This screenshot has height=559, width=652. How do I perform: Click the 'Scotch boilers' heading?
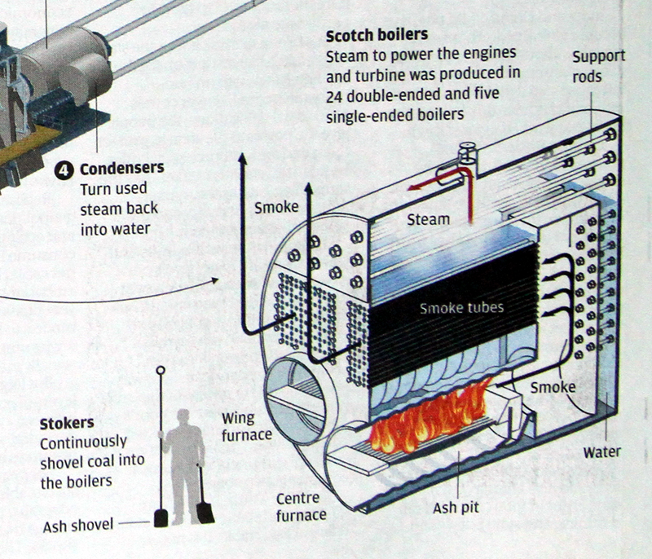point(377,36)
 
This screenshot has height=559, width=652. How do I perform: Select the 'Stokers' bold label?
point(66,423)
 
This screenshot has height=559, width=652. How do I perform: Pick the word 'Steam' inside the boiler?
point(428,219)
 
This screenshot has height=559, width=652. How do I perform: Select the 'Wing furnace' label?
point(246,426)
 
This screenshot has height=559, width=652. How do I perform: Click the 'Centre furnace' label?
point(301,506)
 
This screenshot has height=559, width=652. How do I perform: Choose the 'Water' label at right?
point(601,451)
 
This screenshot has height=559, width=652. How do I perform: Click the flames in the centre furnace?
point(430,417)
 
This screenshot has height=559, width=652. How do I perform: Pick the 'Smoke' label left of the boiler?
point(276,207)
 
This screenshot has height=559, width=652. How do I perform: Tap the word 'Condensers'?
point(121,169)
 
